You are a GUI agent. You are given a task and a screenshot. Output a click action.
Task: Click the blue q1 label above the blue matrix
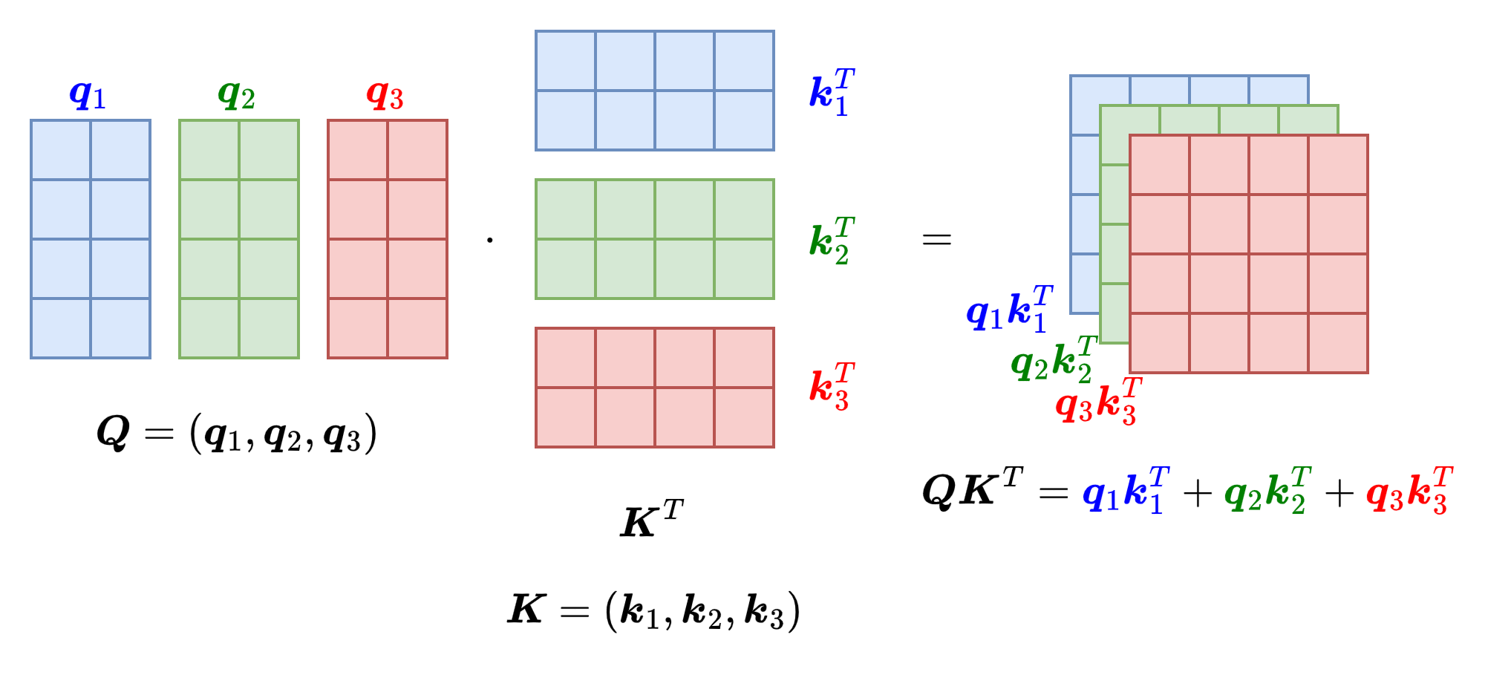pyautogui.click(x=88, y=95)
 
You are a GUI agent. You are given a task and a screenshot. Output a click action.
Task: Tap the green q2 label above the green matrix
pyautogui.click(x=236, y=95)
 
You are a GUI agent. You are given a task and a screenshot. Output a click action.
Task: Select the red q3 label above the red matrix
pyautogui.click(x=385, y=95)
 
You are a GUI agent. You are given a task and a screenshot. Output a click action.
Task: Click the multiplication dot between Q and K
pyautogui.click(x=490, y=239)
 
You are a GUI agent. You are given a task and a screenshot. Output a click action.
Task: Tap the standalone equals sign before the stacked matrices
pyautogui.click(x=936, y=239)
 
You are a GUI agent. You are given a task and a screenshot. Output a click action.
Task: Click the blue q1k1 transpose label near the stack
pyautogui.click(x=1009, y=309)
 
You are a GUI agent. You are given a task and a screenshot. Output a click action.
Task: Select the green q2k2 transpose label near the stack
pyautogui.click(x=1054, y=360)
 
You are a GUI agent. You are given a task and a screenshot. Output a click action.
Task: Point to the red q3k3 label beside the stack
pyautogui.click(x=1098, y=401)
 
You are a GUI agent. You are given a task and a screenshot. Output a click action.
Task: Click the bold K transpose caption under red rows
pyautogui.click(x=651, y=519)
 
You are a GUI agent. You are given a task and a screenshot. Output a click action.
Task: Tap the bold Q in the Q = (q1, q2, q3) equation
pyautogui.click(x=114, y=432)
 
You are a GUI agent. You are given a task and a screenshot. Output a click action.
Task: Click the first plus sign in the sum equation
pyautogui.click(x=1197, y=492)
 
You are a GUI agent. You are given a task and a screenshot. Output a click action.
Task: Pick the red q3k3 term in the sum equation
pyautogui.click(x=1409, y=490)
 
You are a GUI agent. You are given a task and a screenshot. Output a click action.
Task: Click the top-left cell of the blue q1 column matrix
pyautogui.click(x=61, y=150)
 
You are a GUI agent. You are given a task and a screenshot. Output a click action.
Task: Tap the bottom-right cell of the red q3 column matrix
pyautogui.click(x=417, y=328)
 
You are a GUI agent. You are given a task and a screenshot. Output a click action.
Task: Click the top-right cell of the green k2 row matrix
pyautogui.click(x=744, y=209)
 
